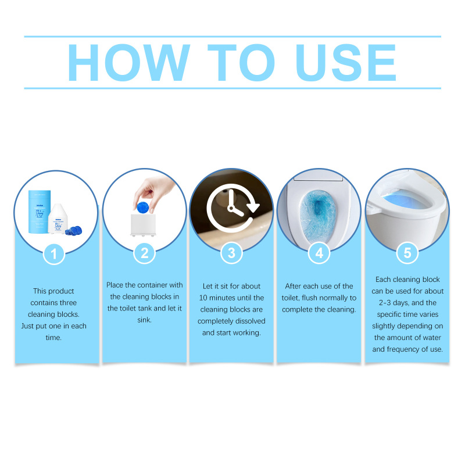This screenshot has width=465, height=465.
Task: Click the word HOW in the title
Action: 128,62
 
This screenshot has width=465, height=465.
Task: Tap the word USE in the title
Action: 346,62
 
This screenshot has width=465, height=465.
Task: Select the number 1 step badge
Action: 54,254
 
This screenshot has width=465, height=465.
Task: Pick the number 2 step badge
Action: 144,253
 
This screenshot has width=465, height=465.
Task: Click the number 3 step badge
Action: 231,253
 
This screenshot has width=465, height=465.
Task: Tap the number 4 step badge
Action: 319,253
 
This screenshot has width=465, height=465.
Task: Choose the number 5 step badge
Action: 407,253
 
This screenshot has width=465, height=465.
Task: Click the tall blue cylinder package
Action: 39,212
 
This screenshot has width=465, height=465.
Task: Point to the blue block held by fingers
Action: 142,207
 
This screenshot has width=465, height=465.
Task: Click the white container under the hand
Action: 143,225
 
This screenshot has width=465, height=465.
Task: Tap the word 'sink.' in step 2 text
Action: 144,320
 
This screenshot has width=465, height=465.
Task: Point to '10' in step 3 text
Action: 203,298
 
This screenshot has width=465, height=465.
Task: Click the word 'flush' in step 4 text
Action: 310,298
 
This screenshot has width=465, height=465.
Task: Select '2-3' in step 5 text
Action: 385,303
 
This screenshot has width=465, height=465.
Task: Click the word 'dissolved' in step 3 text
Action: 251,321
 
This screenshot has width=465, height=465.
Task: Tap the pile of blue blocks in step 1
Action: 74,230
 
